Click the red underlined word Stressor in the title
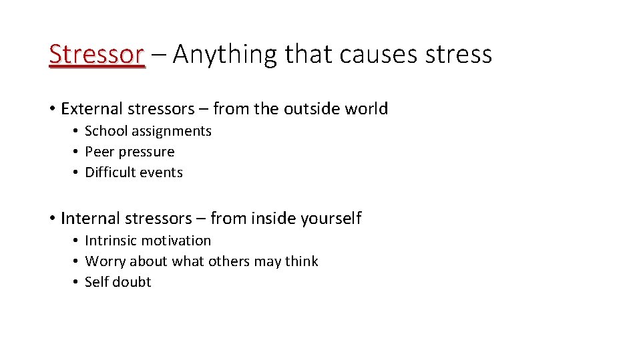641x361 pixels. [96, 54]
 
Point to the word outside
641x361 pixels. [315, 108]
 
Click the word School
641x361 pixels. [105, 131]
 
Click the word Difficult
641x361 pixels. [110, 172]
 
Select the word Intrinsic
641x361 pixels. [110, 241]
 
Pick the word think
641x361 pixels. [302, 261]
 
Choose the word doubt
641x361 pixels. [133, 282]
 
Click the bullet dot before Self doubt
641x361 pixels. [77, 282]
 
